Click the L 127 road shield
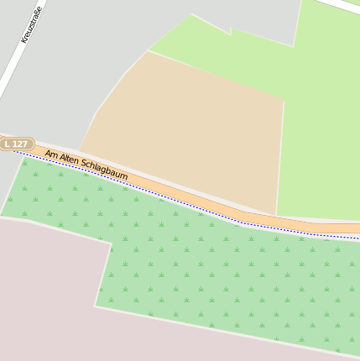click(16, 144)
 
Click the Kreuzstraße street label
click(31, 24)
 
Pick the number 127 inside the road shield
click(20, 144)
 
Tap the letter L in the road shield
click(8, 144)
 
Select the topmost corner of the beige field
click(149, 51)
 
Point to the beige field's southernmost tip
click(276, 215)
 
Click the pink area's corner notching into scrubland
click(111, 243)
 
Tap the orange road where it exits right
click(352, 228)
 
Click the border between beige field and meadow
click(281, 151)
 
